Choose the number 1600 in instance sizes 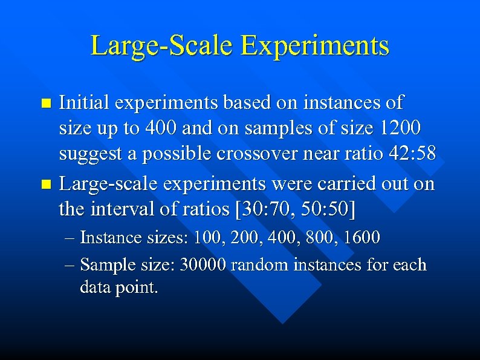pyautogui.click(x=363, y=238)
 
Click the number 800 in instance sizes pyautogui.click(x=320, y=238)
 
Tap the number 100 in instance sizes pyautogui.click(x=206, y=238)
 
